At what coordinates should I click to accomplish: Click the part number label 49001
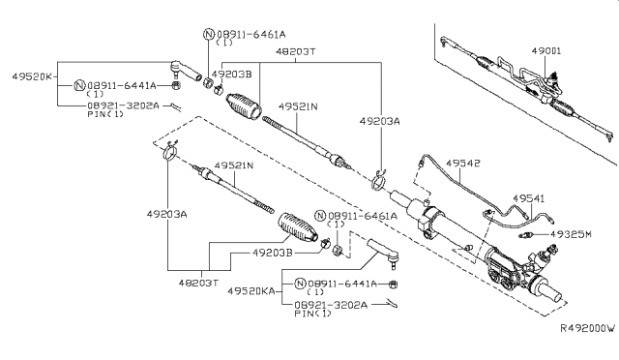tap(545, 51)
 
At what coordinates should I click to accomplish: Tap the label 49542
tap(463, 164)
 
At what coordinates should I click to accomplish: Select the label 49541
tap(529, 198)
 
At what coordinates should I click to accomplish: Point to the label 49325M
tap(571, 234)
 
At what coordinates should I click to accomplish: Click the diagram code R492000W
tap(588, 328)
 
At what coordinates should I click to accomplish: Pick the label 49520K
tap(32, 76)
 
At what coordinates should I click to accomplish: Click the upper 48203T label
tap(296, 51)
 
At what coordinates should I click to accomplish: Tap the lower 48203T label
tap(198, 283)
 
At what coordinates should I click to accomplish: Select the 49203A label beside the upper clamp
tap(379, 121)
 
